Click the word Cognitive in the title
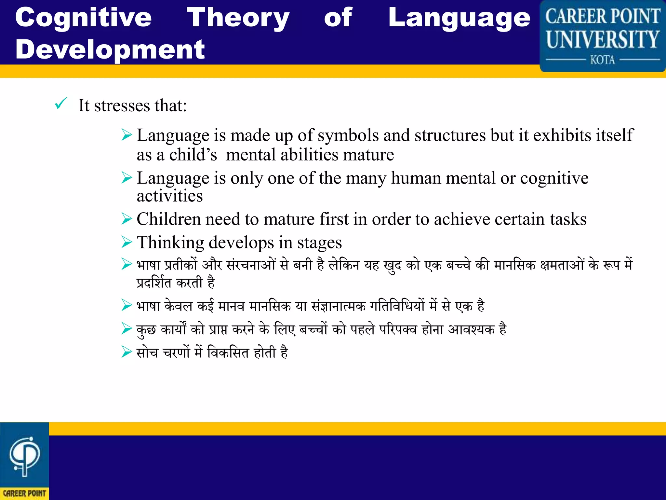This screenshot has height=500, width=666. pos(83,18)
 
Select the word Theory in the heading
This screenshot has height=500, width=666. pos(238,18)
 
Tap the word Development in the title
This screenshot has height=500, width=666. pos(110,49)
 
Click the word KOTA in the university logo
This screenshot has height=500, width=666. pos(603,60)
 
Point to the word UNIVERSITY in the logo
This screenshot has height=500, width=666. pos(603,39)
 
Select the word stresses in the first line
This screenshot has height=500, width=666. pos(122,106)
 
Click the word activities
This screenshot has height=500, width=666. pos(169,196)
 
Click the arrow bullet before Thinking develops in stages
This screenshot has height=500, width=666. pos(127,242)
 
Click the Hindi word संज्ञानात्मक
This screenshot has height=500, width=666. pos(339,306)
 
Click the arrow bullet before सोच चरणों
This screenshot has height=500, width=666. pos(127,352)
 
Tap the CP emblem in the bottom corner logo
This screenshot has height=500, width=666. pos(24,456)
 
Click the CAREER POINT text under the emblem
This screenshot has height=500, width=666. pos(24,493)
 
